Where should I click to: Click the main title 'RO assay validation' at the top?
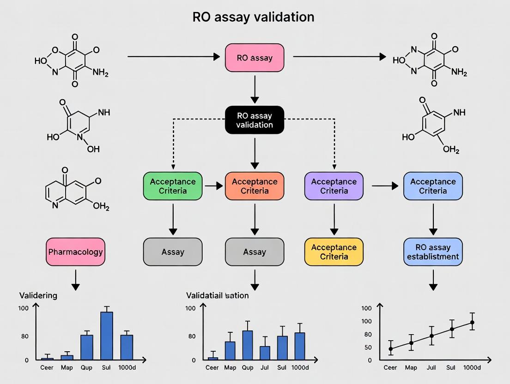[x=253, y=17]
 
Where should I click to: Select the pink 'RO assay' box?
[x=255, y=58]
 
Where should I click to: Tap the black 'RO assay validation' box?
[x=255, y=120]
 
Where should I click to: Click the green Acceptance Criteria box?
[x=173, y=186]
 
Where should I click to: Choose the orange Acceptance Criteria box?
[x=255, y=186]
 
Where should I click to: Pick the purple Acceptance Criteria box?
[x=334, y=186]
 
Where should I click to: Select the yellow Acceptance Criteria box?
[x=334, y=252]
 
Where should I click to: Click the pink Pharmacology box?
[x=76, y=252]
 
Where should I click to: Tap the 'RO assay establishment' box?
[x=433, y=252]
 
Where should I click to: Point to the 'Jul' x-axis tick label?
[x=265, y=368]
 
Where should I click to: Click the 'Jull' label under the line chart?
[x=431, y=368]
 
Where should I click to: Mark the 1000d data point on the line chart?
[x=472, y=323]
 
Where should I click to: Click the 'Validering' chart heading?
[x=38, y=295]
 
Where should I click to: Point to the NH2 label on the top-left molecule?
[x=100, y=72]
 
